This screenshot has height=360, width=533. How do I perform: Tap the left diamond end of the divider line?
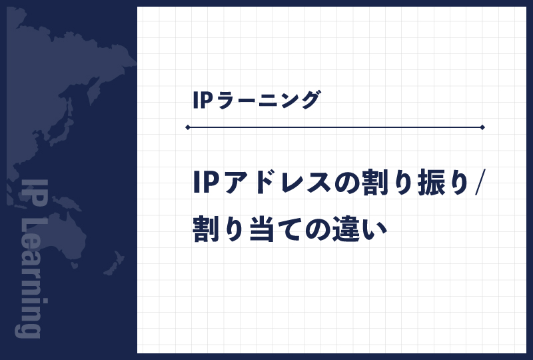(x=189, y=127)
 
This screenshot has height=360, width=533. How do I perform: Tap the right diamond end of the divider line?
(x=482, y=127)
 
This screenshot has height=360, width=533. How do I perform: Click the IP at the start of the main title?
(x=204, y=182)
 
